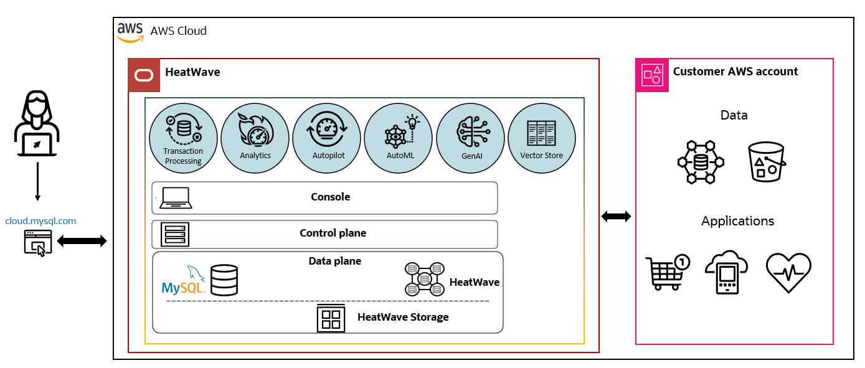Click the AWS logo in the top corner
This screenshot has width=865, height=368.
[130, 32]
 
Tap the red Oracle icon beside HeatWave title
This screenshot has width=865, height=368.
[144, 75]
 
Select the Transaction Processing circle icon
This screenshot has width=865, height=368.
[183, 138]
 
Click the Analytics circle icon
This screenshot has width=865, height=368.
[255, 138]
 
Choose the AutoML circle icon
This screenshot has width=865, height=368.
[399, 138]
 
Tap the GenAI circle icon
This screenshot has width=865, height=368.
[470, 138]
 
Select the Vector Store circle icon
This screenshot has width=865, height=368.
[542, 138]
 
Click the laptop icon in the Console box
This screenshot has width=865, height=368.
[176, 198]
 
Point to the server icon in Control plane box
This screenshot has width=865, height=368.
[174, 234]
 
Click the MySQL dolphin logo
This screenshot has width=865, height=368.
[182, 281]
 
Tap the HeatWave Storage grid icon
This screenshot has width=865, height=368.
[331, 318]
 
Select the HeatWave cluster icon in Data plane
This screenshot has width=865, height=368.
[424, 278]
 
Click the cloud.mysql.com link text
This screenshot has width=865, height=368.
[40, 221]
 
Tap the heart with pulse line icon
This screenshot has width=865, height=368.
[788, 273]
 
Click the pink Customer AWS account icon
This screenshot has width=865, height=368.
[652, 75]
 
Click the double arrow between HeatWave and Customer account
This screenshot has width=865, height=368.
[617, 217]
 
